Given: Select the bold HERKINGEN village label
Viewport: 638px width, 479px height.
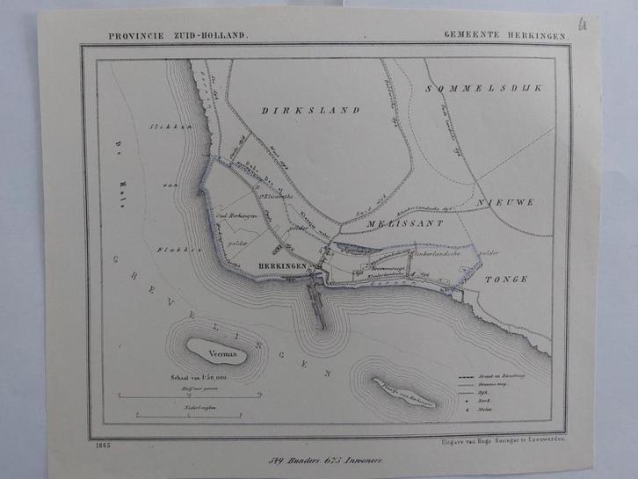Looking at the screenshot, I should tap(284, 265).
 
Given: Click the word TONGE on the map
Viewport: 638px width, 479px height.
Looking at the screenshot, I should tap(505, 279).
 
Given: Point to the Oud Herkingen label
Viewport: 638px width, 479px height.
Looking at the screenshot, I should tap(236, 215).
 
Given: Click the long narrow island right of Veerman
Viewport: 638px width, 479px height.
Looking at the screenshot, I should tap(405, 393).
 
